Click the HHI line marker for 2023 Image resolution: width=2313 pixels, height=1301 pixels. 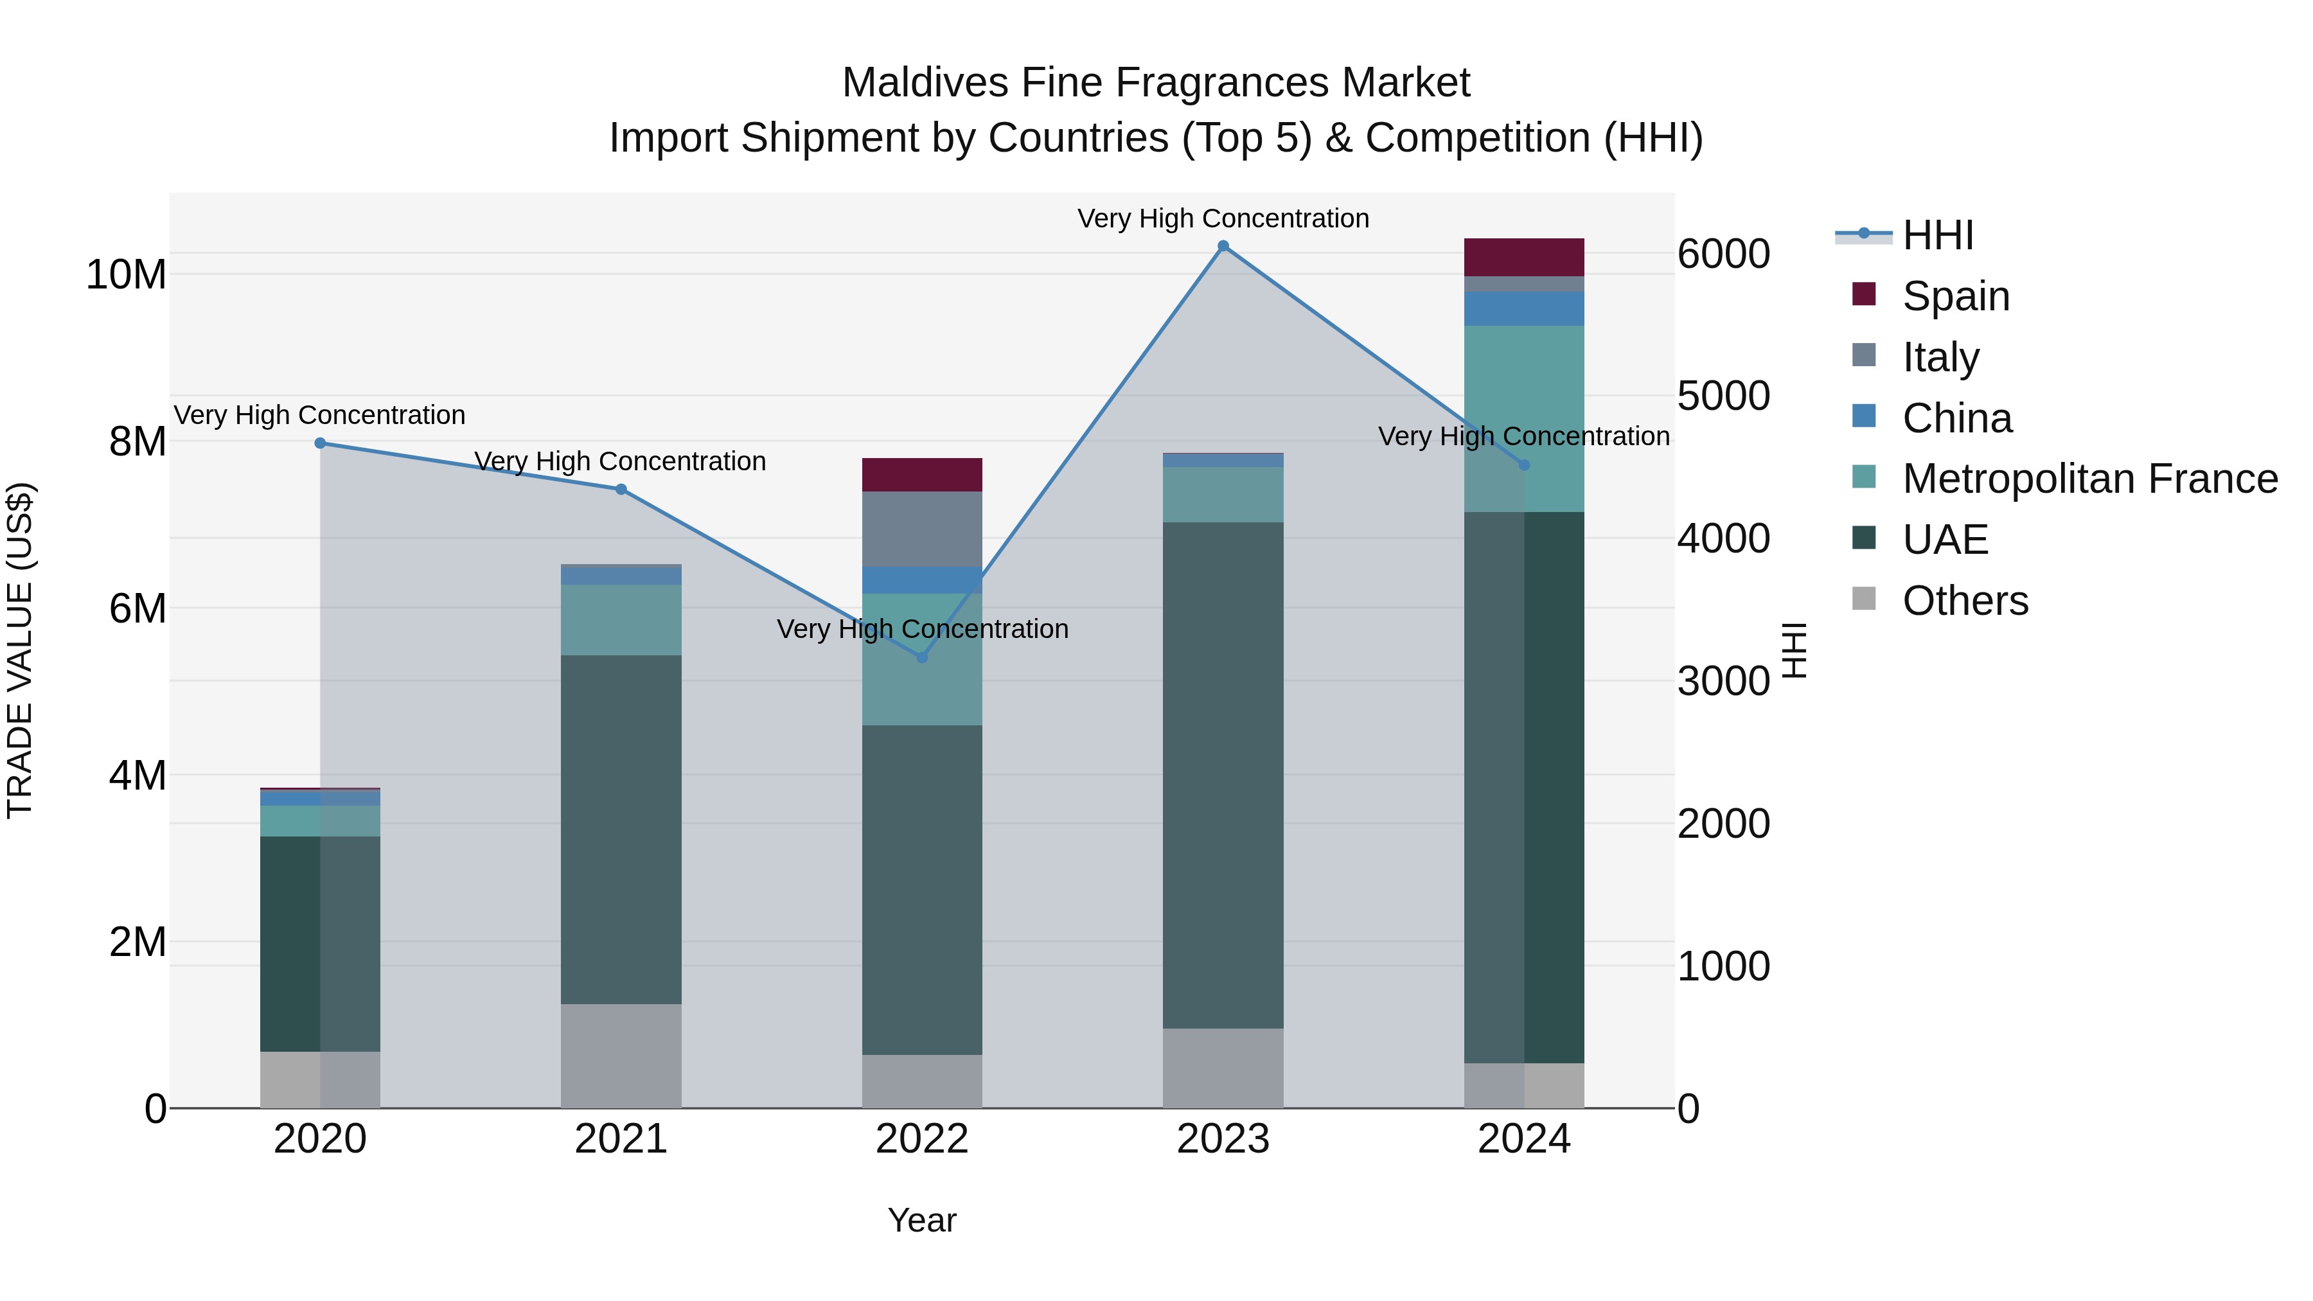pos(1223,246)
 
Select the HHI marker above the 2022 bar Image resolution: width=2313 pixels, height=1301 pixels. pos(921,657)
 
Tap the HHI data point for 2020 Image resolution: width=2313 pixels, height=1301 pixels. pos(321,443)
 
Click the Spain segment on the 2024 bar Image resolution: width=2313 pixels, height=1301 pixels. pos(1524,258)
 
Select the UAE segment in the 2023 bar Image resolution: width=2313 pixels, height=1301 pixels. pos(1223,774)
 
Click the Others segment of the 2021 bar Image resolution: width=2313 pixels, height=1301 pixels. pos(621,1055)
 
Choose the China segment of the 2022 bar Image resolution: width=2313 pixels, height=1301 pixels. pos(922,580)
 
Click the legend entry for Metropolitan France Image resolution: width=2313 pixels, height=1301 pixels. pos(2089,479)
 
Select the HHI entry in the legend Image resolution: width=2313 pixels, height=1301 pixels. pos(1938,235)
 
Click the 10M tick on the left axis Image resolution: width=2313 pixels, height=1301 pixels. pos(126,275)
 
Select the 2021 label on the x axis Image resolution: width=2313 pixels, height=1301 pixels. pos(621,1139)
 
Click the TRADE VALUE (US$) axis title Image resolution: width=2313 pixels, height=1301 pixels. pos(20,650)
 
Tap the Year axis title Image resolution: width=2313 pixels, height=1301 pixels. pos(921,1220)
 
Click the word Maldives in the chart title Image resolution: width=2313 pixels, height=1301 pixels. pos(925,83)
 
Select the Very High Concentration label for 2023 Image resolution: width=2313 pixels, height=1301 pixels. pos(1223,218)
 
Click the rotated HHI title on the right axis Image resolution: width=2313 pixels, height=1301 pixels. pos(1793,650)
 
